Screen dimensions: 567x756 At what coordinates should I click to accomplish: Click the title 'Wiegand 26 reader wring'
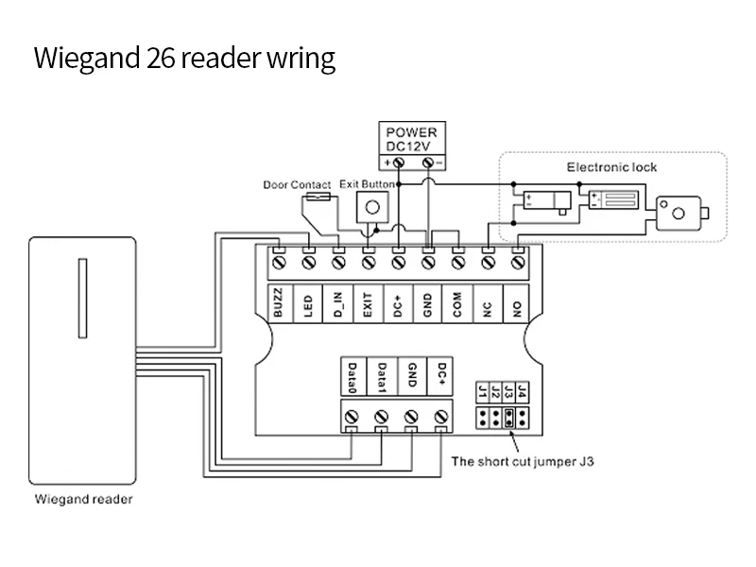tap(184, 59)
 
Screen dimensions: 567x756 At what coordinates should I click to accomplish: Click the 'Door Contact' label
tap(297, 185)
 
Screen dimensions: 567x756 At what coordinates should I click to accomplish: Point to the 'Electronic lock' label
tap(611, 167)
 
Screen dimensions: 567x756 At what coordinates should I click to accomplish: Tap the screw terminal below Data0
tap(352, 416)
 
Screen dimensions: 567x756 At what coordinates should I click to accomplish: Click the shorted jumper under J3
tap(508, 418)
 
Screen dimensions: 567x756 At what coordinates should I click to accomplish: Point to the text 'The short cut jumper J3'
tap(522, 462)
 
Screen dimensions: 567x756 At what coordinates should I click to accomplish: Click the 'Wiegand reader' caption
tap(83, 499)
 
